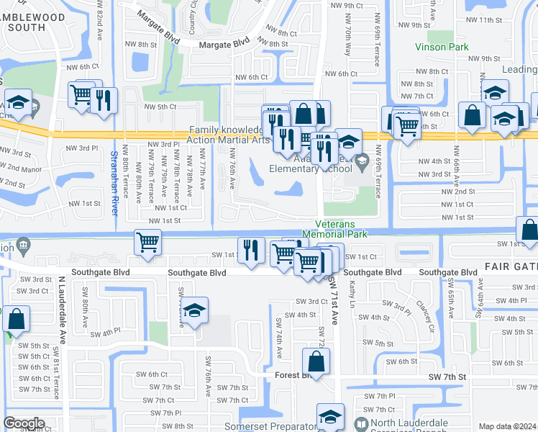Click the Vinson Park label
click(x=442, y=48)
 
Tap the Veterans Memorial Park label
click(x=342, y=230)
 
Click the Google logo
click(x=24, y=423)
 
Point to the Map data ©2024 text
click(x=508, y=426)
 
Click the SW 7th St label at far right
click(x=447, y=377)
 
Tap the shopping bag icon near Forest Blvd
click(x=315, y=361)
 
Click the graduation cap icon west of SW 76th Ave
click(x=194, y=310)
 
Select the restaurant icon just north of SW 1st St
click(x=250, y=250)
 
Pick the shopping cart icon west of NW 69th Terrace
click(x=408, y=125)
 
